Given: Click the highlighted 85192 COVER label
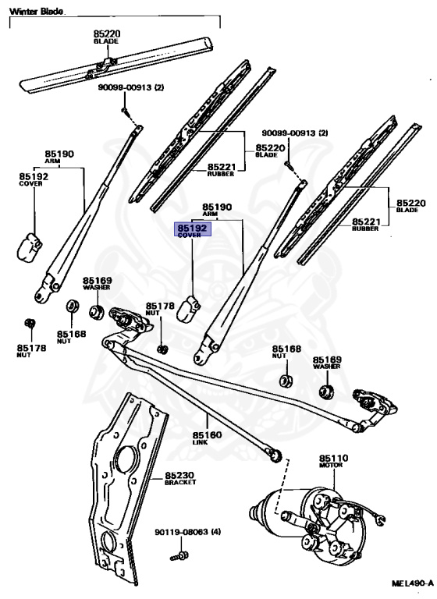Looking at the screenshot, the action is click(x=193, y=230).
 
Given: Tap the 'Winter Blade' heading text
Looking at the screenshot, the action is click(x=37, y=11).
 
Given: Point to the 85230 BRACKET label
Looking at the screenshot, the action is click(x=180, y=478).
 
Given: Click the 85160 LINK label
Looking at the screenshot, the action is click(x=207, y=438).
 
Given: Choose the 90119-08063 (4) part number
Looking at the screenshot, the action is click(x=187, y=532).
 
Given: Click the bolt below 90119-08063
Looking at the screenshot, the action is click(x=179, y=556).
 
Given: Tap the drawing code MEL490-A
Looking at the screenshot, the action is click(x=413, y=583).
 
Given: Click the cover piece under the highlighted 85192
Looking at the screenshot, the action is click(x=189, y=309).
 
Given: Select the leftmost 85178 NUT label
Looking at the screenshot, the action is click(x=31, y=351).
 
